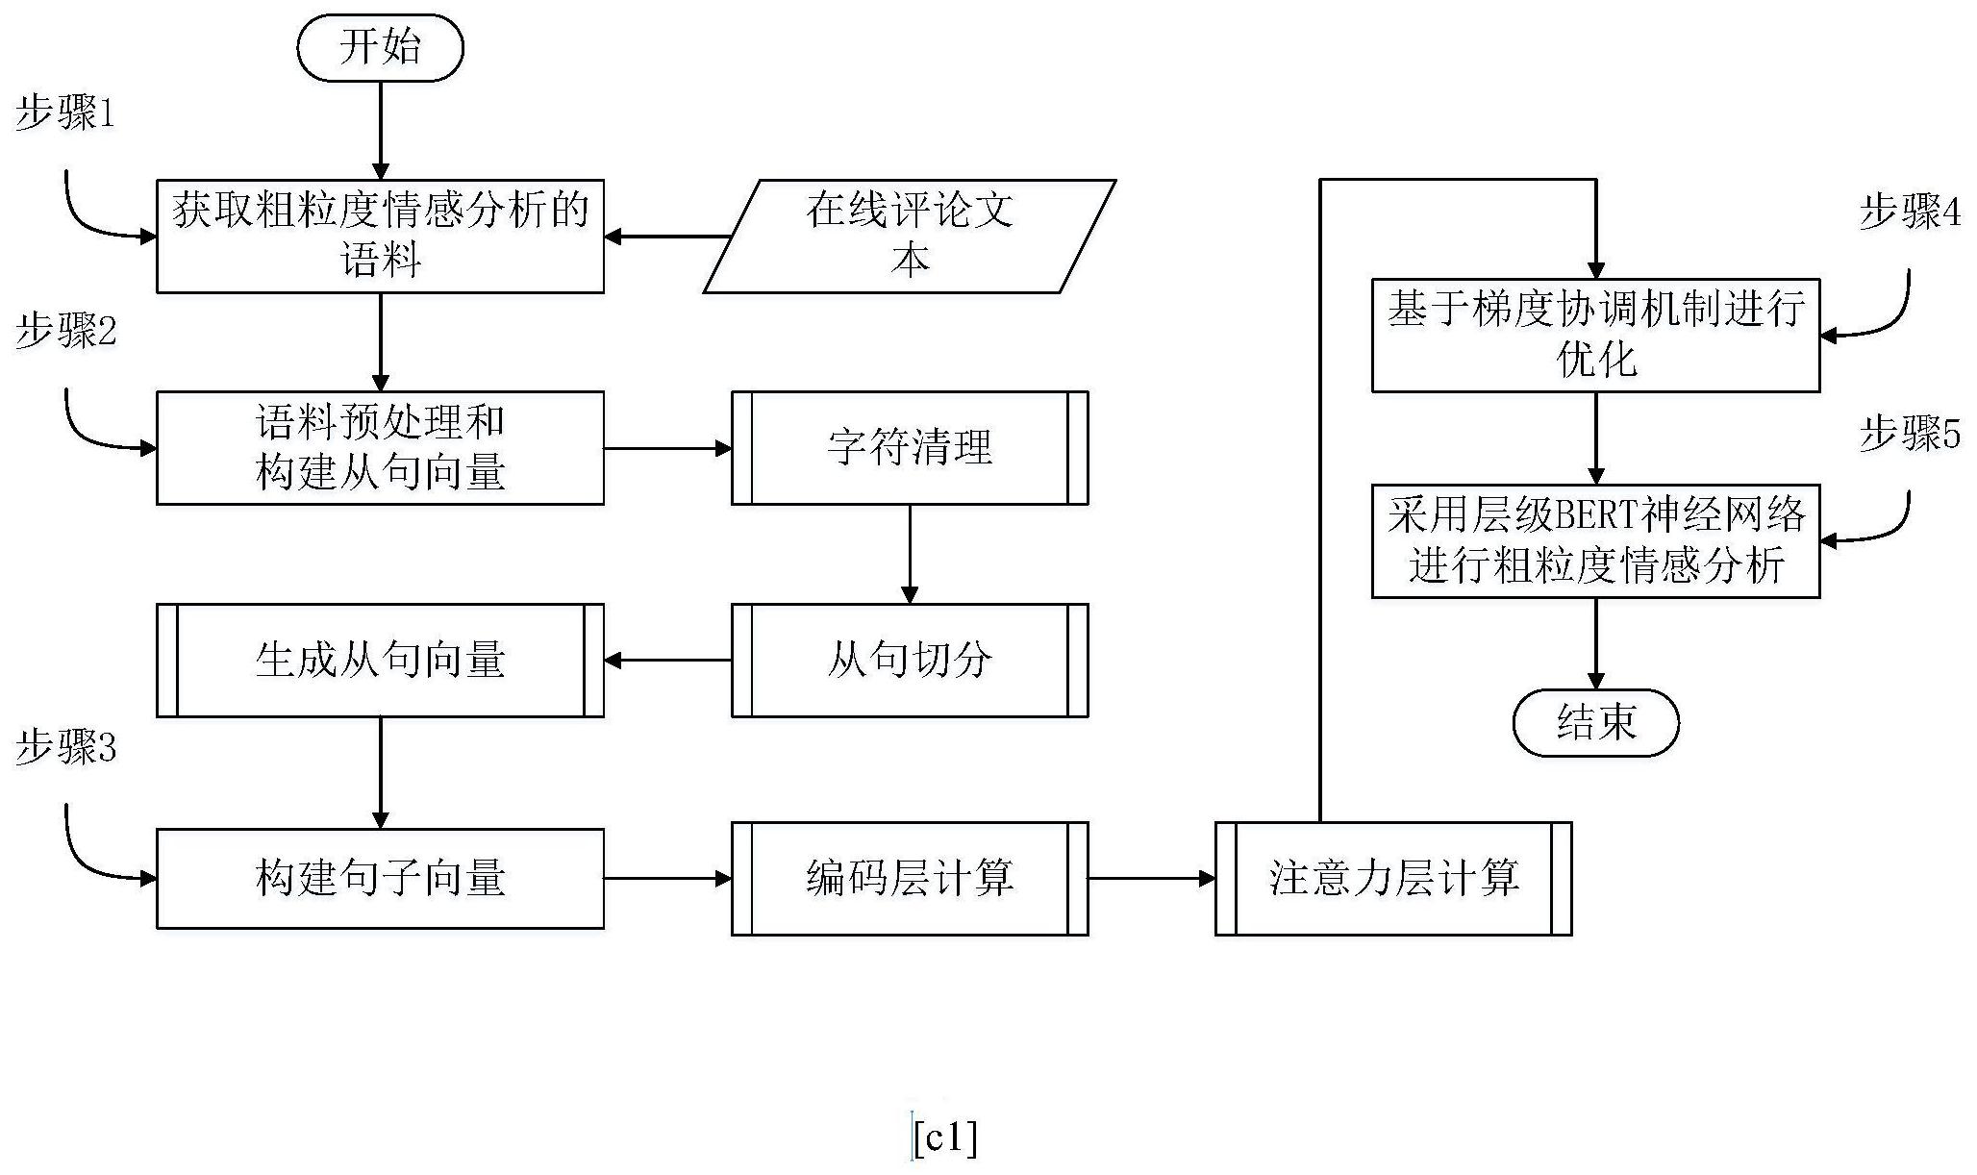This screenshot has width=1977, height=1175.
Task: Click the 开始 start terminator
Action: [x=380, y=48]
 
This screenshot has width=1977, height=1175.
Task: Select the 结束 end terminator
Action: [x=1595, y=722]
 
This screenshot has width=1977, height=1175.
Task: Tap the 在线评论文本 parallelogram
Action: [x=909, y=236]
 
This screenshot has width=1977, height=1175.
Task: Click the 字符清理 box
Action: [x=909, y=448]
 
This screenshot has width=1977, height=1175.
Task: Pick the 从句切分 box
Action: [x=909, y=661]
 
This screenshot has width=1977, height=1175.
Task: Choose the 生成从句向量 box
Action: [x=380, y=661]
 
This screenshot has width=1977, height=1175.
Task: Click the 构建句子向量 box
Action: [x=380, y=878]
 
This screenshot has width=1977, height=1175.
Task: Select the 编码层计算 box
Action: [x=909, y=878]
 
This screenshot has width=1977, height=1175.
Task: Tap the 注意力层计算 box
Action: [x=1393, y=878]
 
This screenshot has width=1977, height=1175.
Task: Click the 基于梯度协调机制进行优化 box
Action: [x=1595, y=336]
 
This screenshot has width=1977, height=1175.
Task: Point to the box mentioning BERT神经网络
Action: [x=1595, y=541]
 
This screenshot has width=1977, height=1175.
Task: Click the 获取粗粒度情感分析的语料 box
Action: [x=380, y=236]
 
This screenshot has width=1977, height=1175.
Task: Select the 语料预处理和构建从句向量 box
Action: [x=380, y=448]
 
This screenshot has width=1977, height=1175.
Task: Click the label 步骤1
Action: [x=65, y=115]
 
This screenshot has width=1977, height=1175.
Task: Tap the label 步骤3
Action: [x=65, y=747]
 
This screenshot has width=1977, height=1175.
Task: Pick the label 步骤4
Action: [x=1909, y=212]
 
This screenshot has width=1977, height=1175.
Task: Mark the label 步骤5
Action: [x=1909, y=434]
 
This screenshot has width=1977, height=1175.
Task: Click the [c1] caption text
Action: [x=945, y=1139]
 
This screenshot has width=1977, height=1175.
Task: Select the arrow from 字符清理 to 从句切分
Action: [x=909, y=554]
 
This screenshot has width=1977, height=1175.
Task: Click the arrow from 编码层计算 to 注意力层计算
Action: [x=1151, y=878]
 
